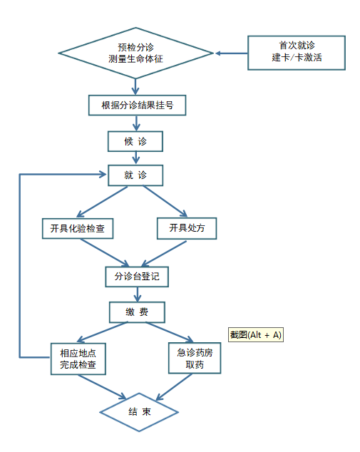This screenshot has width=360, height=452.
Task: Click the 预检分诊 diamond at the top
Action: (x=135, y=53)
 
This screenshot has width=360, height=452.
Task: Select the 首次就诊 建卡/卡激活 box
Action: (x=297, y=53)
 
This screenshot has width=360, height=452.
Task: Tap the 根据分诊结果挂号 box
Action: (x=137, y=106)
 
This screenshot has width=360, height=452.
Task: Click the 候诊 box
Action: (x=135, y=141)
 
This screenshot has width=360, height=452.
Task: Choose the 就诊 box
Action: (x=135, y=175)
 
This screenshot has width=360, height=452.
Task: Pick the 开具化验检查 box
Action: (x=78, y=228)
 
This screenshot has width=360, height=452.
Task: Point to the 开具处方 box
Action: (x=187, y=228)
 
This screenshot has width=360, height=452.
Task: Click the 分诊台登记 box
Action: (x=137, y=277)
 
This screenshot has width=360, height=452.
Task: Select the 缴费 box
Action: (x=137, y=312)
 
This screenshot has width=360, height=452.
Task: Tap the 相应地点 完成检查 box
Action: (x=78, y=359)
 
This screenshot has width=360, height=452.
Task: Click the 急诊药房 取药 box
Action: (x=195, y=358)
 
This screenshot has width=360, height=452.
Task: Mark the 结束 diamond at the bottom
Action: (x=139, y=412)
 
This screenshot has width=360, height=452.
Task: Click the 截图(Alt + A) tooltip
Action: (x=256, y=334)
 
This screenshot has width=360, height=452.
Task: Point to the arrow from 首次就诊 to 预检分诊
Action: (x=232, y=53)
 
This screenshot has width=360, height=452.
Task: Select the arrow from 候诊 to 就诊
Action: (x=135, y=158)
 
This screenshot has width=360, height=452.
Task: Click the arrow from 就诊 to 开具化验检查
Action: (x=102, y=202)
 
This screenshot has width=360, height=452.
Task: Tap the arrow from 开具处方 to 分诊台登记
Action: (x=164, y=254)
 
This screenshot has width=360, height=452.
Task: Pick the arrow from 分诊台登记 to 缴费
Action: (x=138, y=294)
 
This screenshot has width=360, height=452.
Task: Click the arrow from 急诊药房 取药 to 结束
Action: (x=174, y=387)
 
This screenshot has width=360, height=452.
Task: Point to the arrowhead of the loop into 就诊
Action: (x=103, y=174)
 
